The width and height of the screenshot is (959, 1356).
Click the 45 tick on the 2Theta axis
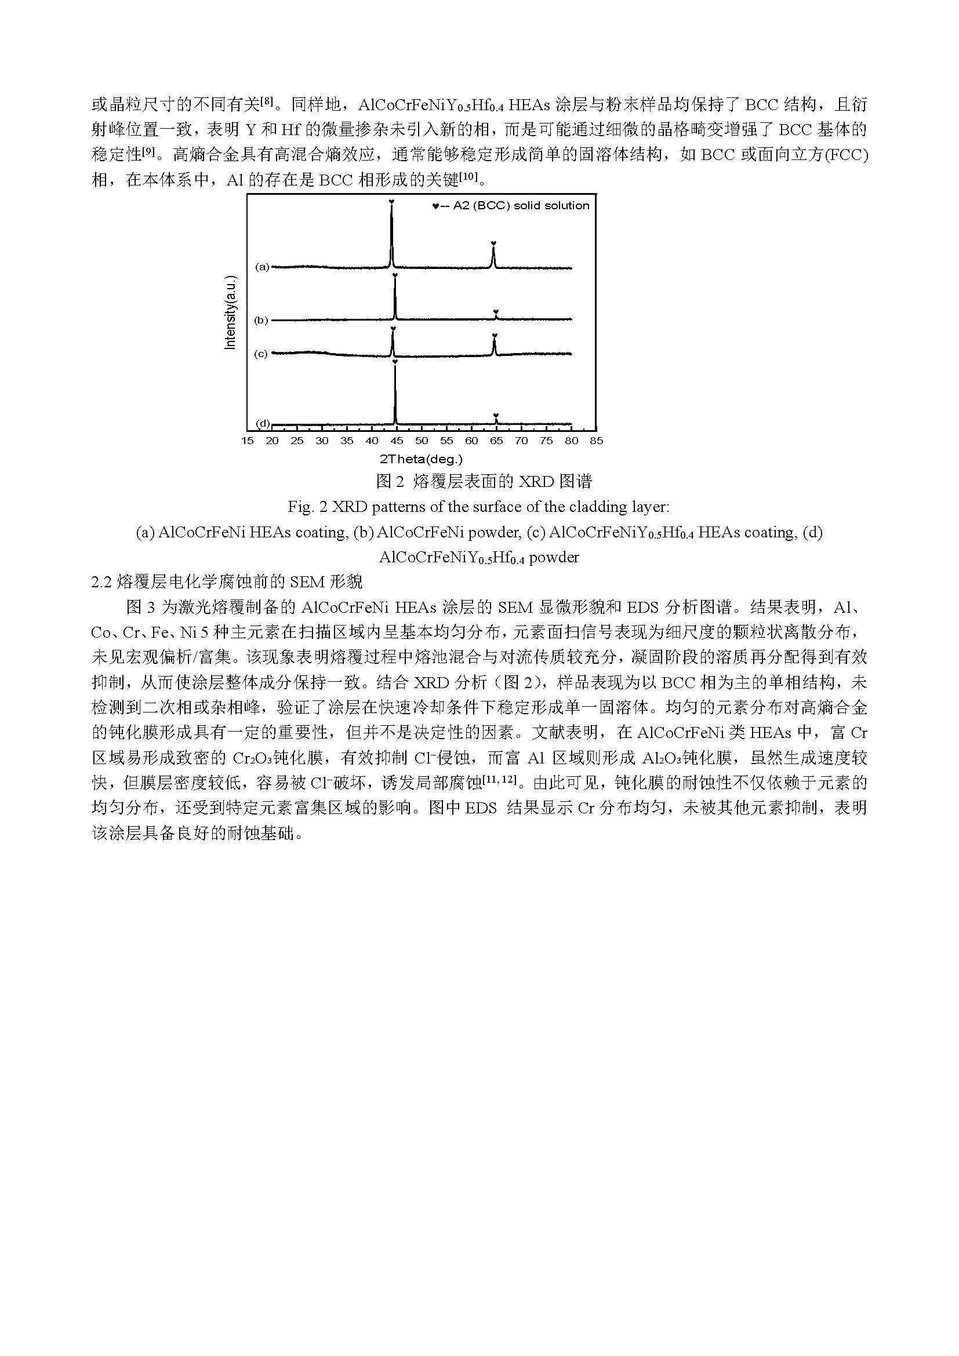pyautogui.click(x=396, y=441)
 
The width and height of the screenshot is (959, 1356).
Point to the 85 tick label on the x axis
pyautogui.click(x=597, y=441)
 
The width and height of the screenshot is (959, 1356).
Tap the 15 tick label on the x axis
pyautogui.click(x=248, y=441)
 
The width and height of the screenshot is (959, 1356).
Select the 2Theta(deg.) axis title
pyautogui.click(x=421, y=459)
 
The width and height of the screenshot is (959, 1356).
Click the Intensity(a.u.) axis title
pyautogui.click(x=231, y=313)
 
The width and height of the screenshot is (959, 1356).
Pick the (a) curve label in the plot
pyautogui.click(x=261, y=267)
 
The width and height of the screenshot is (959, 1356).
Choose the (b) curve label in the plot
pyautogui.click(x=261, y=321)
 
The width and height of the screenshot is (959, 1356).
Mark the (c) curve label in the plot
pyautogui.click(x=261, y=354)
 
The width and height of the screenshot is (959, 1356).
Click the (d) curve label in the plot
pyautogui.click(x=262, y=423)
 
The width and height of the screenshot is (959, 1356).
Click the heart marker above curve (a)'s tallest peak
pyautogui.click(x=391, y=202)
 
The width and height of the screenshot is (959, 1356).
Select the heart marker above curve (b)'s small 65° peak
pyautogui.click(x=496, y=311)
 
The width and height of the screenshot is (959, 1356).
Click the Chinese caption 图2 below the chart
pyautogui.click(x=390, y=482)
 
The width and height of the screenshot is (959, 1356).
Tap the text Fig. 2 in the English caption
pyautogui.click(x=307, y=507)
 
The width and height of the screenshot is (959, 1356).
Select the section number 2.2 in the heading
pyautogui.click(x=101, y=581)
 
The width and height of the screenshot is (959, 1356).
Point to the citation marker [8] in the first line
pyautogui.click(x=267, y=101)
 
